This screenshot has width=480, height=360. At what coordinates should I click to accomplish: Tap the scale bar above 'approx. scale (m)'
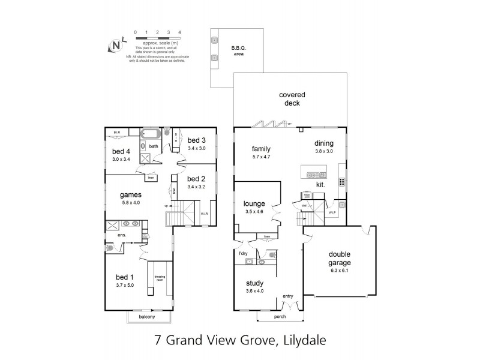click(x=158, y=38)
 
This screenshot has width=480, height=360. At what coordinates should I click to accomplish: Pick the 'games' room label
click(x=131, y=194)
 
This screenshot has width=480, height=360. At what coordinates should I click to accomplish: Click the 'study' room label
click(x=256, y=284)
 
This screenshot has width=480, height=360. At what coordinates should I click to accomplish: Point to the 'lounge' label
click(x=254, y=204)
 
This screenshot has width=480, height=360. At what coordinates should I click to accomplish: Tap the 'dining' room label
click(x=325, y=143)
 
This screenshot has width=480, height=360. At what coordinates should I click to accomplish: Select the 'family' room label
click(x=261, y=149)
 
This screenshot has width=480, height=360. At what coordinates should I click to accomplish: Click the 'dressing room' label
click(x=160, y=278)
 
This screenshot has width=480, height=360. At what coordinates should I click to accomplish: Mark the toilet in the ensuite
click(x=110, y=248)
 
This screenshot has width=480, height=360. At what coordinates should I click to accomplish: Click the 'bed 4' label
click(x=121, y=151)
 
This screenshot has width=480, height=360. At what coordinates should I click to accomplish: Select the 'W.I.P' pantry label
click(x=332, y=212)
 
